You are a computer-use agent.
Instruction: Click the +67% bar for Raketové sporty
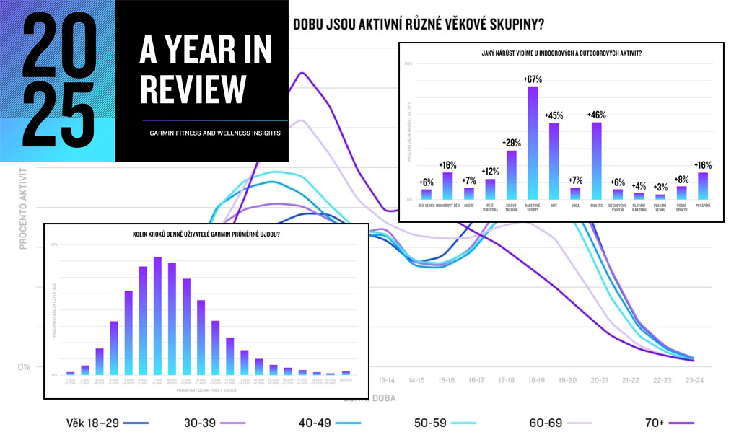533,143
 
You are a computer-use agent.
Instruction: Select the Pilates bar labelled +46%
596,161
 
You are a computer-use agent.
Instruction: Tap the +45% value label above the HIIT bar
554,115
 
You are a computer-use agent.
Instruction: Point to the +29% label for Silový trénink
512,143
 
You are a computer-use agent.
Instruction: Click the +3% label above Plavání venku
660,187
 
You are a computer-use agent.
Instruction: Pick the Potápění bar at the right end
702,186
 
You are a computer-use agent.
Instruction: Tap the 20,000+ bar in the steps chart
346,373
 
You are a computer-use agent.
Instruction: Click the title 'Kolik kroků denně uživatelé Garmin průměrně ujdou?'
206,236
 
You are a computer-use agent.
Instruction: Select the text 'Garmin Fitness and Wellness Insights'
215,133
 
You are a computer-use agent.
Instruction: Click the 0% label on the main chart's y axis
24,366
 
